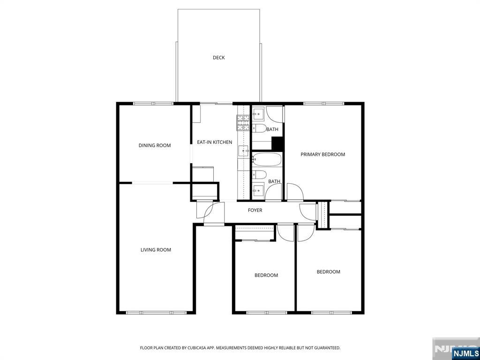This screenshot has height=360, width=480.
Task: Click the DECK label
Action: point(218,58)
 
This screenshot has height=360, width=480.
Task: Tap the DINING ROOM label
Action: point(155,145)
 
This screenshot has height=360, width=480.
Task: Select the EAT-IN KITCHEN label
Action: point(214,142)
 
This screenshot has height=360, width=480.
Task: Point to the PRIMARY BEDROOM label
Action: point(322,154)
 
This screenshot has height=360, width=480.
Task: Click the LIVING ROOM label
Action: point(156,250)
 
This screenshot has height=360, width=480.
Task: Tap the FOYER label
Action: point(255,210)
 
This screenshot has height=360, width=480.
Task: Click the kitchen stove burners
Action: point(243,123)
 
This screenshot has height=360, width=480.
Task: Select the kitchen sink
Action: point(243,151)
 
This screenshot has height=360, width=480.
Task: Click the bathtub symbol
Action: point(266,159)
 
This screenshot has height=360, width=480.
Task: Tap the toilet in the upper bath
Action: point(259,128)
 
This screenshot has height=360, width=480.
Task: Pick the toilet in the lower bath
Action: point(259,174)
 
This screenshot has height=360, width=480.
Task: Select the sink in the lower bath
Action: point(258,190)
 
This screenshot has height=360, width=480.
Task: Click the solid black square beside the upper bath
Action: point(277,143)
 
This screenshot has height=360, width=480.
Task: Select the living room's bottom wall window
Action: point(157,313)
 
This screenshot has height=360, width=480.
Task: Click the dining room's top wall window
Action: point(153,104)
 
